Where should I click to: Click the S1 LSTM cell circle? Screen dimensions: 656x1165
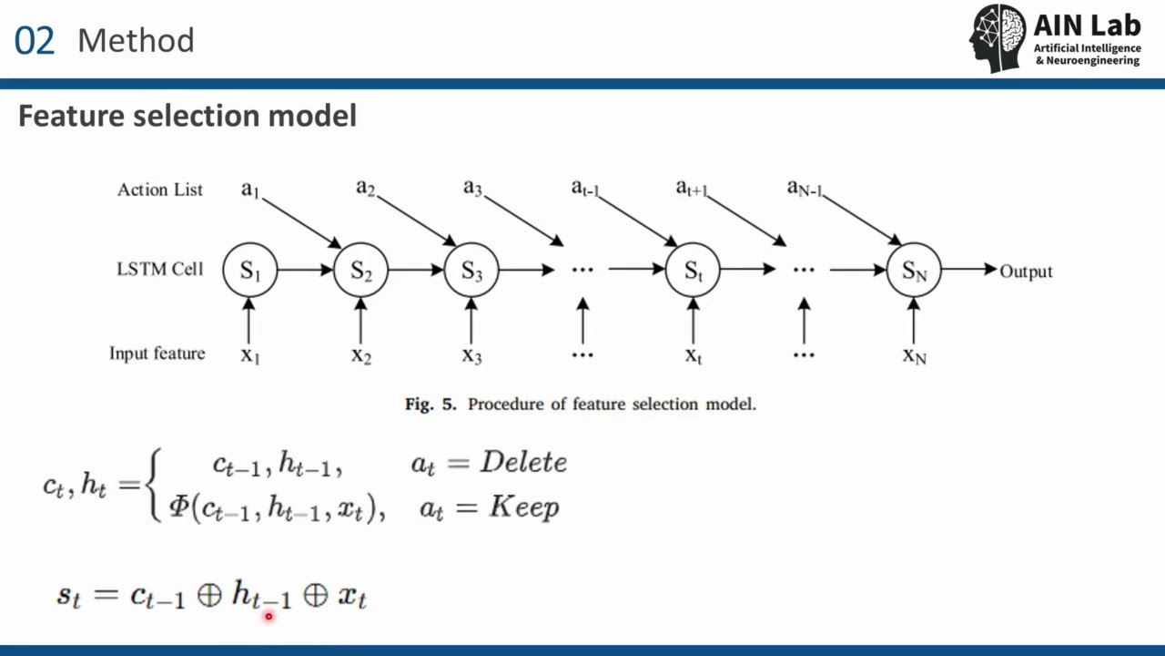[x=250, y=270]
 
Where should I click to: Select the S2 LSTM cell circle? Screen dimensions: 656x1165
[x=361, y=270]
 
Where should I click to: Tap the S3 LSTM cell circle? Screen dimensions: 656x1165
[x=471, y=270]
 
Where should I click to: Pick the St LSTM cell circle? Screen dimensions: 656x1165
[x=694, y=270]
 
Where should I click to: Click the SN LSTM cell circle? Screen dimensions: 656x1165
[x=914, y=270]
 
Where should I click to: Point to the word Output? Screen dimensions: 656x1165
[x=1026, y=271]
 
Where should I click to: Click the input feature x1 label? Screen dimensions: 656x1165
[x=250, y=354]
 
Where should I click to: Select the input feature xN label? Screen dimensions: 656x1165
[x=914, y=354]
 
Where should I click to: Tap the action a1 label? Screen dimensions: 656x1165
[x=250, y=189]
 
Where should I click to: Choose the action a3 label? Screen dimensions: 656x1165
[x=472, y=188]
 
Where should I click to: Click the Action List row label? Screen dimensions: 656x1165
[x=160, y=190]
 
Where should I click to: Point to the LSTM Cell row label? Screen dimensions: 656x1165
[x=159, y=269]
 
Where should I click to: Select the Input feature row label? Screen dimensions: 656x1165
[x=157, y=353]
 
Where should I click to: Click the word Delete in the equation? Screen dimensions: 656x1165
[x=523, y=462]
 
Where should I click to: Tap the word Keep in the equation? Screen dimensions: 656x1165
[x=524, y=507]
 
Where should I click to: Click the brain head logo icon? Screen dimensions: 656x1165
[x=998, y=37]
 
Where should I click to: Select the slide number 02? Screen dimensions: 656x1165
[x=35, y=41]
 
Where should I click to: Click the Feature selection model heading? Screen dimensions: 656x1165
[x=187, y=116]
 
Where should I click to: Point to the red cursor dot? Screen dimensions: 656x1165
[x=268, y=617]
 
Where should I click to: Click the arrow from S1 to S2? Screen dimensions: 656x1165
[x=305, y=270]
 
